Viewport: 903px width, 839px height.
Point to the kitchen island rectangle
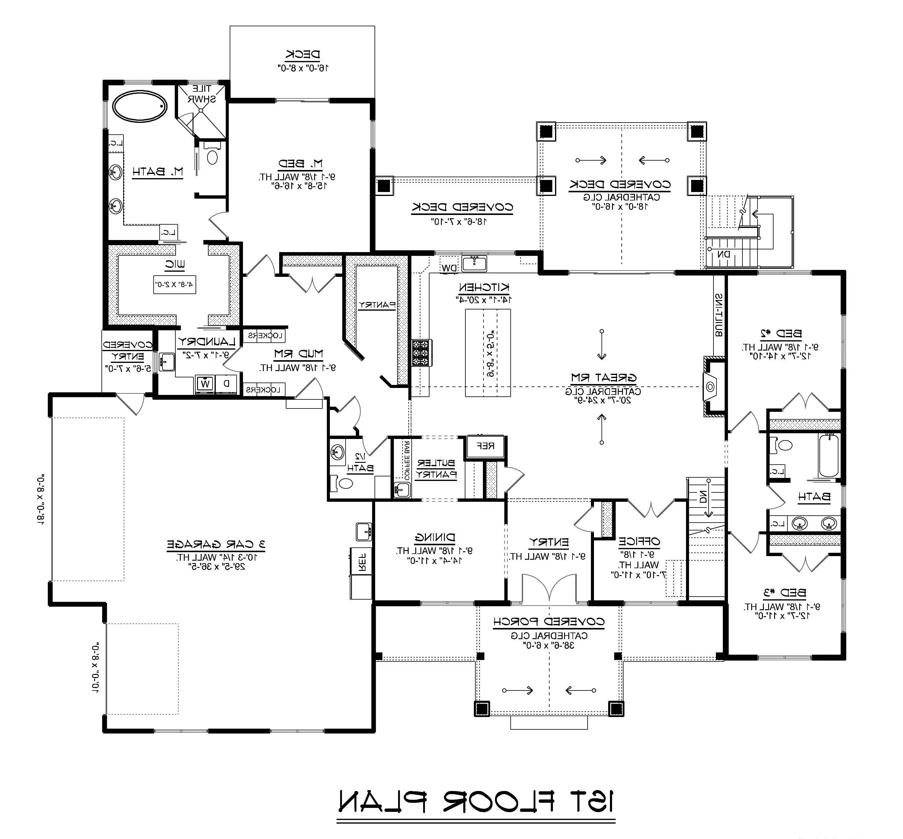point(488,353)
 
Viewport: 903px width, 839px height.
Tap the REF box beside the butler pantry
point(485,446)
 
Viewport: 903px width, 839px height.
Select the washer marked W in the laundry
point(206,384)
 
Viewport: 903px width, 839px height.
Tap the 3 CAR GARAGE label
point(216,544)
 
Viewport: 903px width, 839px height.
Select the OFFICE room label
point(639,541)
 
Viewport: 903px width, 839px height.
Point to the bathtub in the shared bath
point(829,455)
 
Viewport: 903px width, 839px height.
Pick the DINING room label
point(435,538)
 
